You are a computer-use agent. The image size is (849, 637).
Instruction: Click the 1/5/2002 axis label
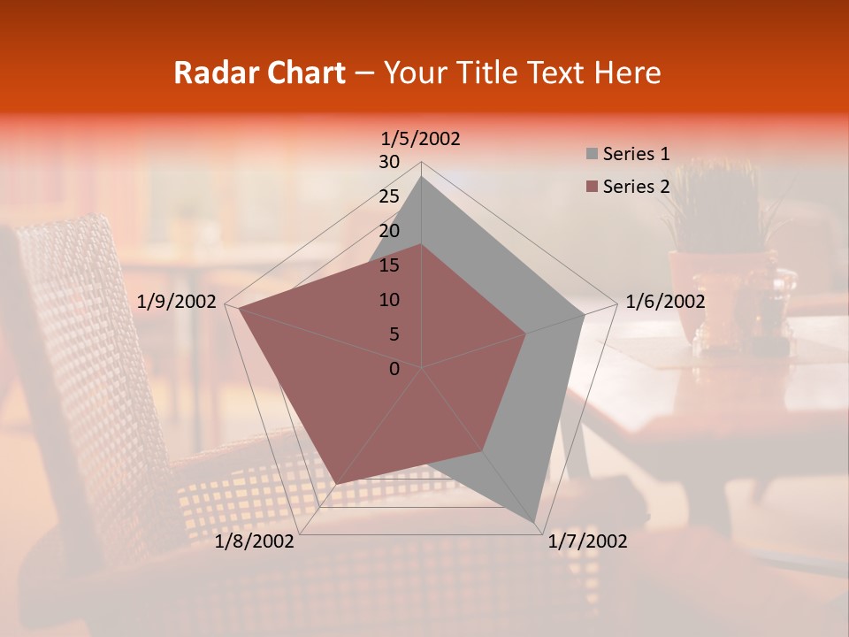click(421, 139)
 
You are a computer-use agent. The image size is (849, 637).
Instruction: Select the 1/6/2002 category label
click(665, 302)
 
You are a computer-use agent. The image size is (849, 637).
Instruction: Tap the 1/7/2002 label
click(587, 541)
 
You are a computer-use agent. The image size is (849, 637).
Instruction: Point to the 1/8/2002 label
click(255, 541)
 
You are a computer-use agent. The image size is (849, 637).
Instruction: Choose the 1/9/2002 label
click(177, 302)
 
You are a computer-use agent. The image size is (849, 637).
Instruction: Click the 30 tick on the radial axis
click(389, 162)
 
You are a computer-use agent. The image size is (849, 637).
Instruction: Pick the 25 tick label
click(389, 196)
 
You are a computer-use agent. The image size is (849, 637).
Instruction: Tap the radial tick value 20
click(389, 231)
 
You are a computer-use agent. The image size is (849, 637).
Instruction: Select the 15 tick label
click(389, 265)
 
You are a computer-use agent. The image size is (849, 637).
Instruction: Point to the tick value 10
click(389, 300)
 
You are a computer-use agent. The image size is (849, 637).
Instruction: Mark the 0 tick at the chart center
click(394, 369)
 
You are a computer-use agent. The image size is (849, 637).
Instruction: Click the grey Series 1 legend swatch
click(592, 155)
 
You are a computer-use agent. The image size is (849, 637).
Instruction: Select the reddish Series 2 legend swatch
click(592, 187)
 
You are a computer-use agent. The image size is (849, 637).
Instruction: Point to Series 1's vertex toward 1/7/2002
click(536, 521)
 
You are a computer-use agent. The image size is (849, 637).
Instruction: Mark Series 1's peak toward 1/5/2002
click(422, 177)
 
